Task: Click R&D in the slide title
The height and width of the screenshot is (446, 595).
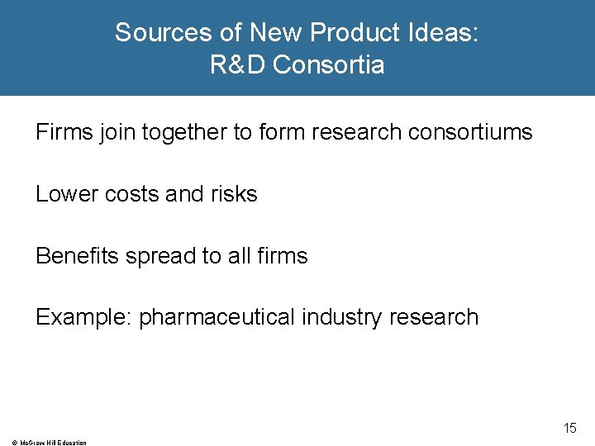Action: click(x=237, y=65)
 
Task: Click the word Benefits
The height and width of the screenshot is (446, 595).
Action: click(x=78, y=256)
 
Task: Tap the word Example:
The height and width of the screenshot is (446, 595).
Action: click(x=84, y=317)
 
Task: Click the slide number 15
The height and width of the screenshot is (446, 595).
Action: click(x=570, y=428)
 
